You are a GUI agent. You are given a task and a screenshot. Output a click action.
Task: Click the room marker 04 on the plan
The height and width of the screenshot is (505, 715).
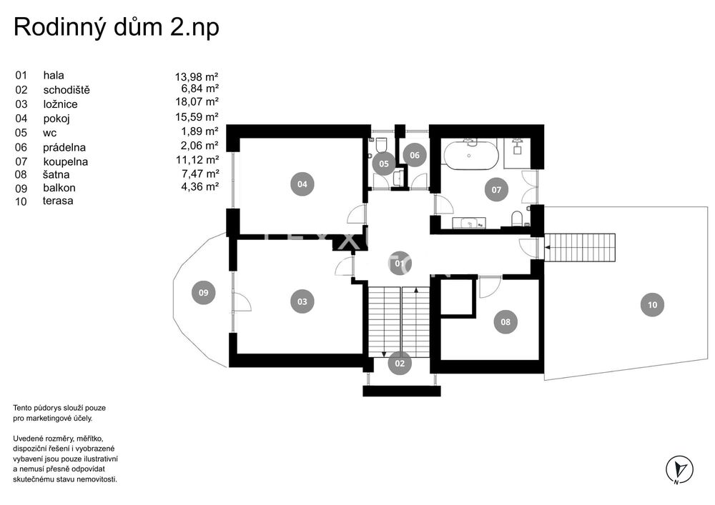(x=302, y=184)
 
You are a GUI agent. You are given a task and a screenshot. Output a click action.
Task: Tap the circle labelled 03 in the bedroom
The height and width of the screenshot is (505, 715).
(x=302, y=301)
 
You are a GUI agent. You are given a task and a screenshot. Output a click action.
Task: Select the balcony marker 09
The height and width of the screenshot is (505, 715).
(x=203, y=293)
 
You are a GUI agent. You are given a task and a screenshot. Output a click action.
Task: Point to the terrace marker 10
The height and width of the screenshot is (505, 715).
(x=653, y=304)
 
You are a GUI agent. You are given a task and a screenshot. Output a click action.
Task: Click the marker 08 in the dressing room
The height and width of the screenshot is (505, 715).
(x=506, y=322)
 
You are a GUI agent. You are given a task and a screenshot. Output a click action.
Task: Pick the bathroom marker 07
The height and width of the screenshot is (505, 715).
(x=496, y=190)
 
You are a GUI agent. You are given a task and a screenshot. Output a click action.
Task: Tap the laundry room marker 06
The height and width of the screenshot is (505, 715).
(x=415, y=155)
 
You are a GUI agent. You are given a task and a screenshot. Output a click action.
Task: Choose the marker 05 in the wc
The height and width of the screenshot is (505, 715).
(x=384, y=164)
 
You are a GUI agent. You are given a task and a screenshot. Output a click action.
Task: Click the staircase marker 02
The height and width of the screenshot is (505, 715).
(x=400, y=364)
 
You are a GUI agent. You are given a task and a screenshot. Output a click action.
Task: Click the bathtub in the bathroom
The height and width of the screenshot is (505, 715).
(x=469, y=155)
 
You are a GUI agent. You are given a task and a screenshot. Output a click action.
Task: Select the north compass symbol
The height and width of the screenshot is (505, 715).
(x=679, y=469)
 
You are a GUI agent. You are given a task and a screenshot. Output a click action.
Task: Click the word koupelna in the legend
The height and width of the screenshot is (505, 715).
(x=66, y=161)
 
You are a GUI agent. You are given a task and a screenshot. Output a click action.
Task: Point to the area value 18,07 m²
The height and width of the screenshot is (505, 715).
(x=197, y=101)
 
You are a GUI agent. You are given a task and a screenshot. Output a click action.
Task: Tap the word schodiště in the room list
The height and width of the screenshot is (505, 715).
(x=66, y=90)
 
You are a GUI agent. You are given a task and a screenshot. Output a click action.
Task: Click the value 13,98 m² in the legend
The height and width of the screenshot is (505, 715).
(x=197, y=76)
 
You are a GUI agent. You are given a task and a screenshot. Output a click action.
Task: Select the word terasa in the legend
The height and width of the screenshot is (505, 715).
(x=58, y=201)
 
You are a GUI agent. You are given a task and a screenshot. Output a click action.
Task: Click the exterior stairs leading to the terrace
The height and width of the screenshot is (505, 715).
(x=580, y=247)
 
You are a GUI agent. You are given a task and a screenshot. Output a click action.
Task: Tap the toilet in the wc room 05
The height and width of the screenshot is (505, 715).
(x=381, y=145)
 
